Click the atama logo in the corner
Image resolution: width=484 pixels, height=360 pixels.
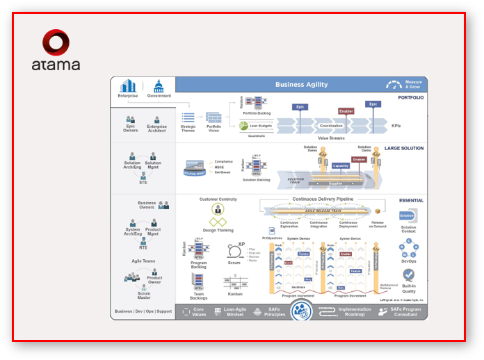point(56,50)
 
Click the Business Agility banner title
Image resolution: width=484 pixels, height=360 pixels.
point(301,85)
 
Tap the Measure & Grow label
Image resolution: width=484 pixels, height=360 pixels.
point(413,85)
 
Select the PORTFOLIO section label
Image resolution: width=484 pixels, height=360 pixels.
point(410,98)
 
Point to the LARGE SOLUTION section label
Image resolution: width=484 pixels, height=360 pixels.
point(403,148)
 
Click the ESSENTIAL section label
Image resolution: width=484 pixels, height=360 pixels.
point(411,200)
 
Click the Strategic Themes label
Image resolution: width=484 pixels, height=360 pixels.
point(188,128)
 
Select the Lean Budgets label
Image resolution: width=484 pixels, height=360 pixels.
point(261,126)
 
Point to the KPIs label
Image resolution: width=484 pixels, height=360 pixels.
point(396,126)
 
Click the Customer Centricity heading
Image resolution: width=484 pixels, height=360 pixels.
point(218,199)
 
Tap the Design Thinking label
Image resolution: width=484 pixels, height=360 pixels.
point(218,230)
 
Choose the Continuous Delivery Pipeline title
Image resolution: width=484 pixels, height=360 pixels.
point(322,199)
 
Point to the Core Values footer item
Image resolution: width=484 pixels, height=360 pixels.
point(198,312)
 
